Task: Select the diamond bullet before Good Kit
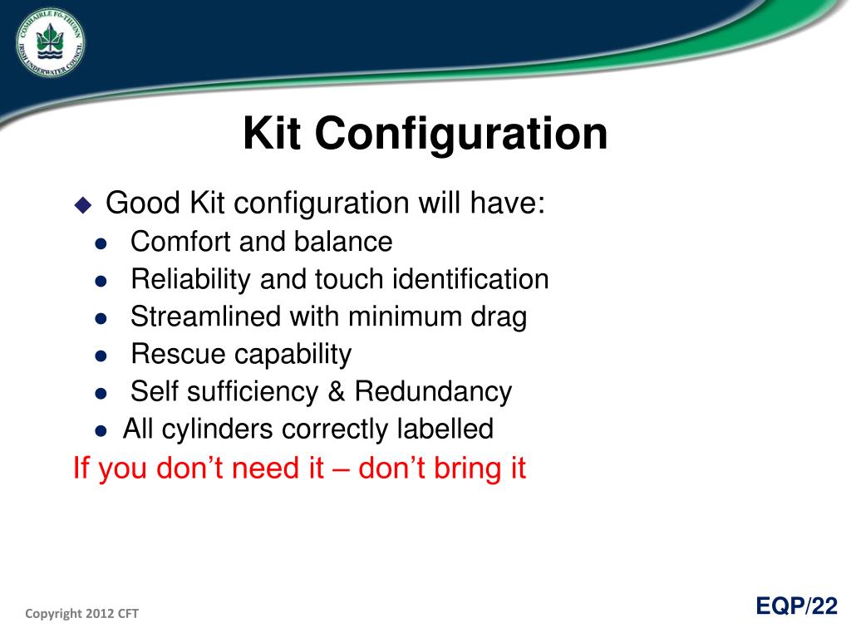[x=83, y=205]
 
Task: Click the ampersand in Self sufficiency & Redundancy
[x=337, y=392]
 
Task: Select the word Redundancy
[x=433, y=392]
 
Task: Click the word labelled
[x=445, y=429]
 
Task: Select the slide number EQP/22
[x=796, y=606]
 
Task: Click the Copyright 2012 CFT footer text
[x=81, y=614]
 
